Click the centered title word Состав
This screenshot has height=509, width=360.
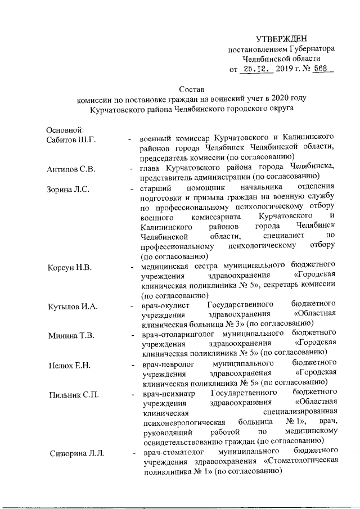(192, 89)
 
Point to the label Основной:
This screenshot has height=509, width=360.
(65, 130)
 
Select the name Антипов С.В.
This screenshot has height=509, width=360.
(70, 168)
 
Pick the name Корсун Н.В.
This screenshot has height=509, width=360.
(69, 266)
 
